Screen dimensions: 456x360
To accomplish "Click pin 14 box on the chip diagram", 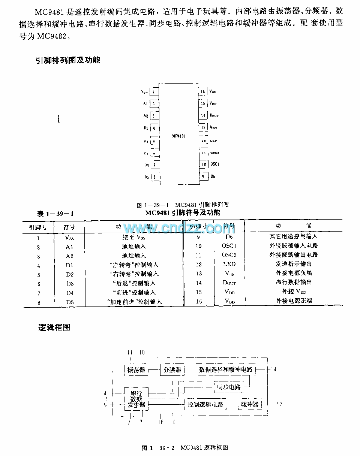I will tap(203, 115).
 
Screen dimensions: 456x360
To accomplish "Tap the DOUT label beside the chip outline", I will tap(214, 115).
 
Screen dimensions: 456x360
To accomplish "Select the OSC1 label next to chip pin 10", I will tap(214, 164).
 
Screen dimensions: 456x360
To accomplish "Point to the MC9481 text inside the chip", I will tap(178, 136).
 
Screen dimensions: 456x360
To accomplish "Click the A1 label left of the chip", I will tap(145, 104).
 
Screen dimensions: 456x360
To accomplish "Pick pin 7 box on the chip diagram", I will tap(154, 165).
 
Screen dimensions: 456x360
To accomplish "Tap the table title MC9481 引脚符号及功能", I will tap(183, 213).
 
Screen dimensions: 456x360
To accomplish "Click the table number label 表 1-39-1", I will tap(55, 214).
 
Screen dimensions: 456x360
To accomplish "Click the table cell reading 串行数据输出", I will tap(294, 282).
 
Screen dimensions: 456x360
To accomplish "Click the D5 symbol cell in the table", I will tap(70, 302).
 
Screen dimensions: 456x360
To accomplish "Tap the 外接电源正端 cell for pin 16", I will tap(294, 301).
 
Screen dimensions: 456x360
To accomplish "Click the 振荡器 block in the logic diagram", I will tap(136, 370).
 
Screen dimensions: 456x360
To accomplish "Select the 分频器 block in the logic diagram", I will tap(172, 370).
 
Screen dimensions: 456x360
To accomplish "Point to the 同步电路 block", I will tap(229, 387).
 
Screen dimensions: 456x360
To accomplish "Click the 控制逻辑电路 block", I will tap(205, 404).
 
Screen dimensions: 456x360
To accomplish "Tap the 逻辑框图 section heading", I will tap(54, 327).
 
